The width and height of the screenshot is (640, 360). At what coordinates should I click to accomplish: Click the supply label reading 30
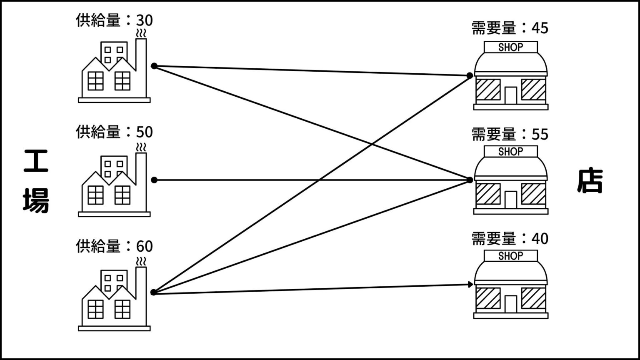pyautogui.click(x=114, y=21)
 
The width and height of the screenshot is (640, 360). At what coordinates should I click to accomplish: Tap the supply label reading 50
pyautogui.click(x=114, y=132)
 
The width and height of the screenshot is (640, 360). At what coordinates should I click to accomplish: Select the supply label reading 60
pyautogui.click(x=114, y=246)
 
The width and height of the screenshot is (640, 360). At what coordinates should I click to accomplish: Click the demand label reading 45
pyautogui.click(x=510, y=28)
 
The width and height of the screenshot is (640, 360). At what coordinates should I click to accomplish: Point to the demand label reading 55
pyautogui.click(x=510, y=134)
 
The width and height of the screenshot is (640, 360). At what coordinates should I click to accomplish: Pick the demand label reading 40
pyautogui.click(x=510, y=239)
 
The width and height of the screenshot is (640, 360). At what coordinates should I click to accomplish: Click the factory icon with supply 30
pyautogui.click(x=114, y=71)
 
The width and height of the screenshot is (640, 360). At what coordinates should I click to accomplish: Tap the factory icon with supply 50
pyautogui.click(x=114, y=185)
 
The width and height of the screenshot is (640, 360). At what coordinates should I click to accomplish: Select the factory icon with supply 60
pyautogui.click(x=114, y=300)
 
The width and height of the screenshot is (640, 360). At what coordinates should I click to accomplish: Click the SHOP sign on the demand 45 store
pyautogui.click(x=510, y=47)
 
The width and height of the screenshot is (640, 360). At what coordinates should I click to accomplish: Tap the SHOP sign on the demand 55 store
pyautogui.click(x=510, y=152)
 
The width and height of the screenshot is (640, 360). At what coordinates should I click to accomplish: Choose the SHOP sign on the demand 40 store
pyautogui.click(x=510, y=256)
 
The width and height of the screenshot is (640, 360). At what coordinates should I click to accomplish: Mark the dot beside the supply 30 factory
pyautogui.click(x=154, y=66)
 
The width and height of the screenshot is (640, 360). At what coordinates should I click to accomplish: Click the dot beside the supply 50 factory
pyautogui.click(x=154, y=180)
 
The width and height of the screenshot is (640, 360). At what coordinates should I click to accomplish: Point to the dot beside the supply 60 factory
pyautogui.click(x=153, y=292)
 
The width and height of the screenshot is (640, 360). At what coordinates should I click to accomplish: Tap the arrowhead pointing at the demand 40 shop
pyautogui.click(x=471, y=285)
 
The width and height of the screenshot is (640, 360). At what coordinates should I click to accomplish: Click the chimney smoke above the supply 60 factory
pyautogui.click(x=142, y=262)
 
